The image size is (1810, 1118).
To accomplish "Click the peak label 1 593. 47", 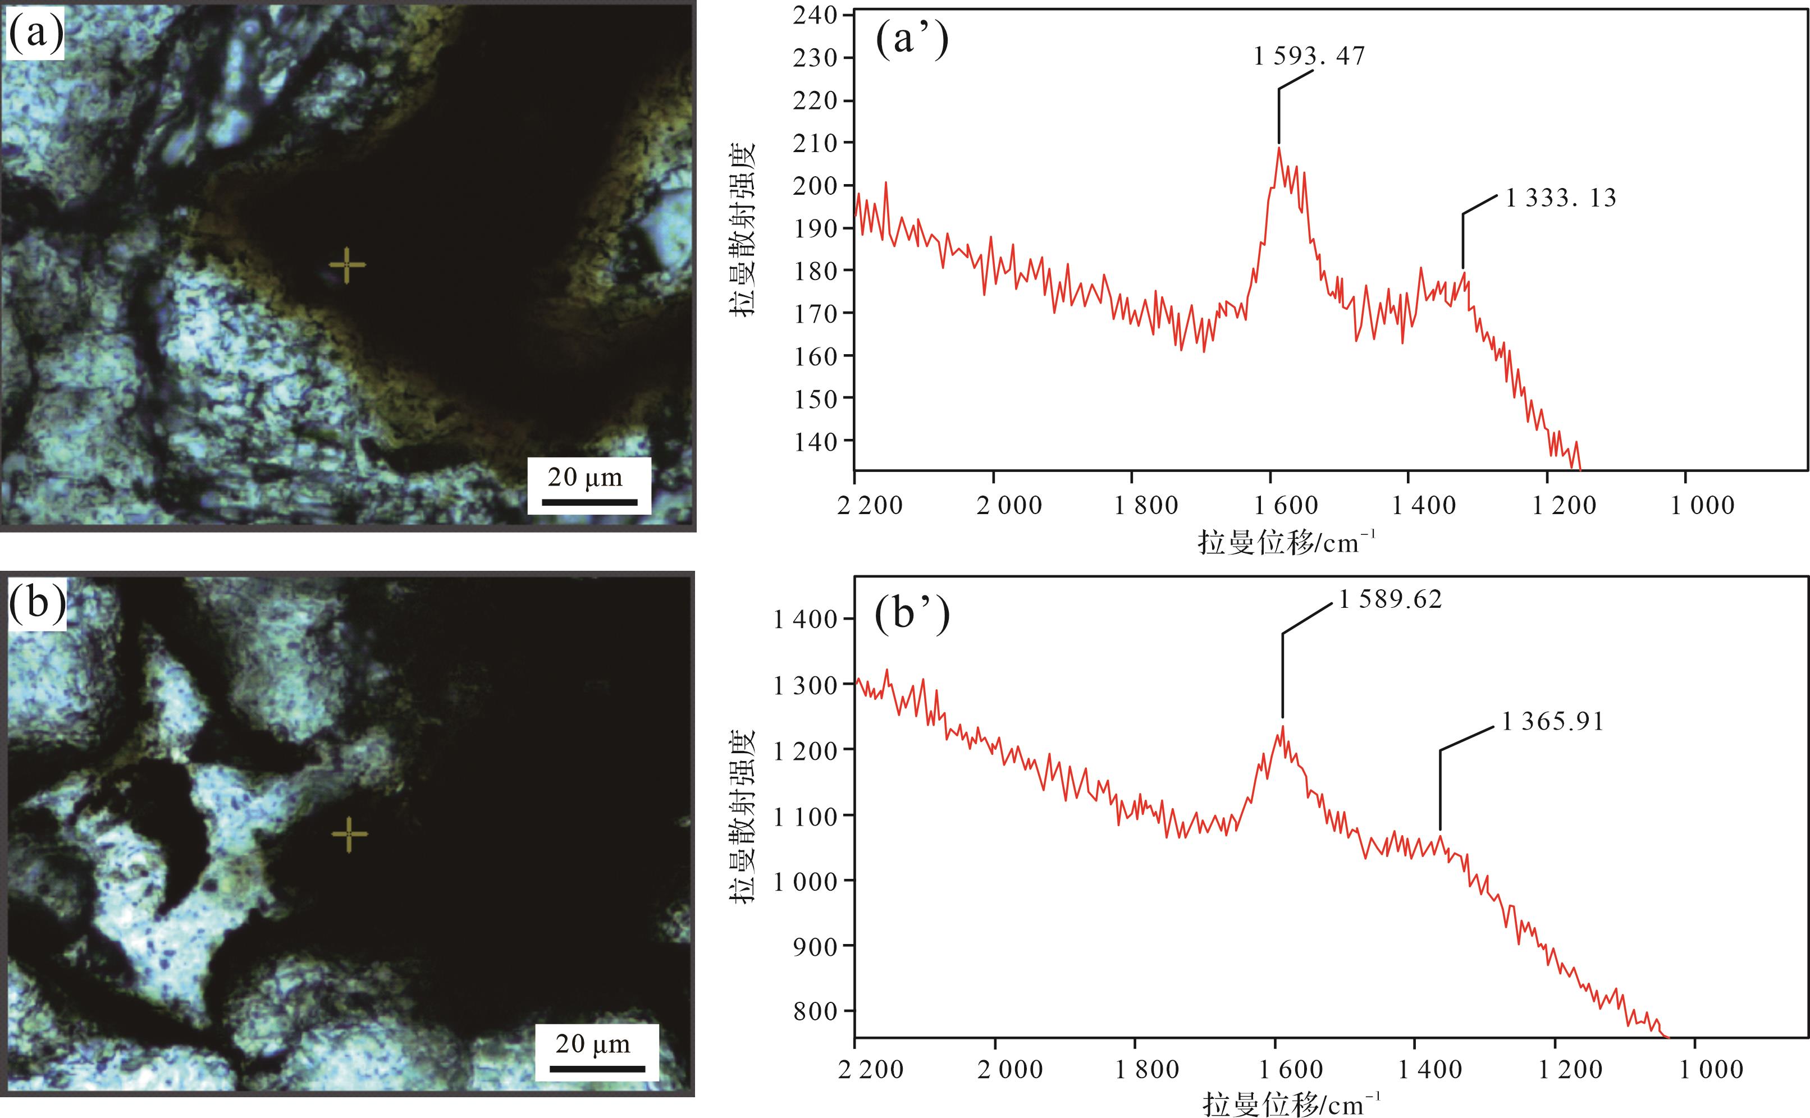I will point(1309,56).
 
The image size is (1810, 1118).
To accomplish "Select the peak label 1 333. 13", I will point(1561,198).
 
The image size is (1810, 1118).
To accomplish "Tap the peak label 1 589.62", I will point(1390,599).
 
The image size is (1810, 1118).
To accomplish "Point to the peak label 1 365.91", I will point(1552,722).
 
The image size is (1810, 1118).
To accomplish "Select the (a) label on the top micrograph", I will point(35,33).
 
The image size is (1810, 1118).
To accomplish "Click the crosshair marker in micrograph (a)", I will point(346,265).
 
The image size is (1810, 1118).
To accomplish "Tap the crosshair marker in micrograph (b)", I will point(349,835).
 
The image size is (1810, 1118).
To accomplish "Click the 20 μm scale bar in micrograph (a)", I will point(589,502).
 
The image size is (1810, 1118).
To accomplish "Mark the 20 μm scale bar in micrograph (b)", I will point(597,1069).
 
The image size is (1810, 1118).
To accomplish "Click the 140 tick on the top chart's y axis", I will point(815,442).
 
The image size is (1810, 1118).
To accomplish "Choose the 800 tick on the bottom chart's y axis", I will point(815,1011).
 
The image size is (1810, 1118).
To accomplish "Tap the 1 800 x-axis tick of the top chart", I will point(1146,506).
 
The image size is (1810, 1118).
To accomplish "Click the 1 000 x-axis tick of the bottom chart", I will point(1711,1070).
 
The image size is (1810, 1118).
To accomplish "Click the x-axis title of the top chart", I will point(1286,543).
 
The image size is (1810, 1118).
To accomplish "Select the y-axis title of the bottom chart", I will point(743,815).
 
